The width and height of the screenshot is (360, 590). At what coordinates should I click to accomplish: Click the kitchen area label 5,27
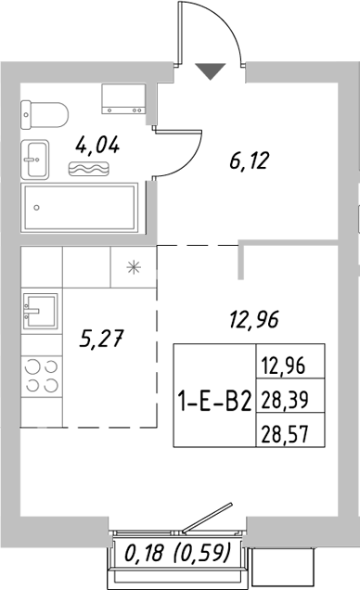click(101, 340)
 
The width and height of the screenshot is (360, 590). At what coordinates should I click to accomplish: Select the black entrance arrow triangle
click(211, 70)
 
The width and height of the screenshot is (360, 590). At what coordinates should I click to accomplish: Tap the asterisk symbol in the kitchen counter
click(134, 268)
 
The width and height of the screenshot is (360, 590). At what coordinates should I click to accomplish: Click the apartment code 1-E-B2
click(214, 402)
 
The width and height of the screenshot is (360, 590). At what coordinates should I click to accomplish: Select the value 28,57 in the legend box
click(283, 432)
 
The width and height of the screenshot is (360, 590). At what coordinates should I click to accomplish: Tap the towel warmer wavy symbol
click(89, 168)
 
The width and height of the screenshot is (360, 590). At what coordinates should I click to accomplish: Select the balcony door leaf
click(209, 516)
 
